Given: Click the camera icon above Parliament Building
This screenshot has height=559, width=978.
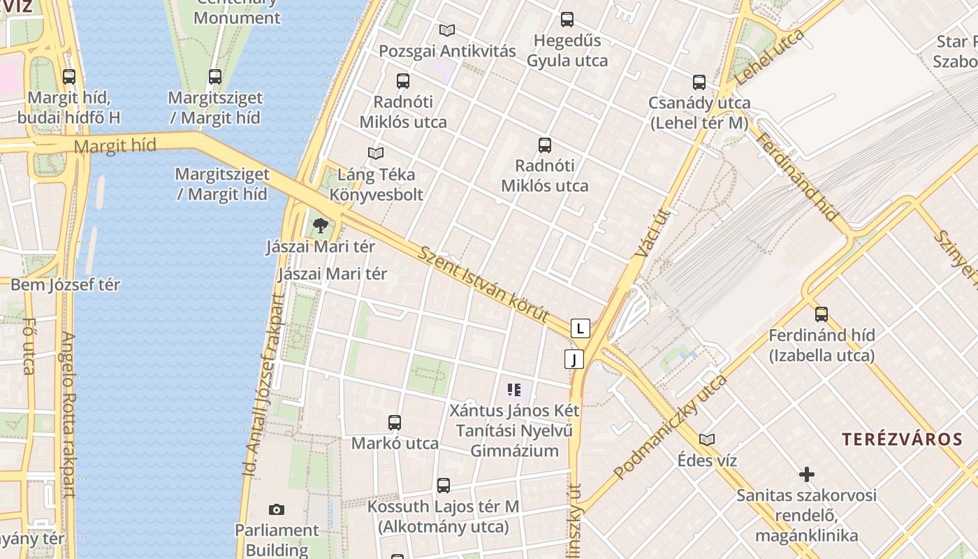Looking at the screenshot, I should pyautogui.click(x=277, y=509).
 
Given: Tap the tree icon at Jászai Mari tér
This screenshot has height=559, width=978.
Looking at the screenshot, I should pyautogui.click(x=321, y=226).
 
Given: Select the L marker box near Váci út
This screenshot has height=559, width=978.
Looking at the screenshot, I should pyautogui.click(x=580, y=328).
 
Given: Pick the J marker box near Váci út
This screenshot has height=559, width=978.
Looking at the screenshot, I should pyautogui.click(x=574, y=359).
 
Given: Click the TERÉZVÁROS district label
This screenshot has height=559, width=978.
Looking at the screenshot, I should pyautogui.click(x=902, y=440).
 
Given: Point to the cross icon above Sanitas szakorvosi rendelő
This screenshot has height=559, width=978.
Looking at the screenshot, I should pyautogui.click(x=807, y=474).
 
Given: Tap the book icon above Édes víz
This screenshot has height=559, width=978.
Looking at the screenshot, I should pyautogui.click(x=707, y=440).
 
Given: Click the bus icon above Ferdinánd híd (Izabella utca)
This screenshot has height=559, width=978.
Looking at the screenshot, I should pyautogui.click(x=822, y=314).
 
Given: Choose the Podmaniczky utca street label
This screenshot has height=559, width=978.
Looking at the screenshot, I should pyautogui.click(x=670, y=428).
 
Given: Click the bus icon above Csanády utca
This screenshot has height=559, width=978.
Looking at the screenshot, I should pyautogui.click(x=699, y=82).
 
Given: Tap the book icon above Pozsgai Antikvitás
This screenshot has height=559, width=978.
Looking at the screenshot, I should pyautogui.click(x=447, y=30).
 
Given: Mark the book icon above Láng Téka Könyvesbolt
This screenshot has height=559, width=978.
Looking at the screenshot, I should pyautogui.click(x=376, y=153).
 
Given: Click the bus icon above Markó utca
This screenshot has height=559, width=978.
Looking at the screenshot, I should pyautogui.click(x=395, y=422).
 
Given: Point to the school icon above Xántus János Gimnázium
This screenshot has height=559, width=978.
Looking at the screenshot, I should pyautogui.click(x=516, y=390).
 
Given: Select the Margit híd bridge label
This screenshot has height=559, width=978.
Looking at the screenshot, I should pyautogui.click(x=115, y=146).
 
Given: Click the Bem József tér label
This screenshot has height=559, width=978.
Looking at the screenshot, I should pyautogui.click(x=65, y=285).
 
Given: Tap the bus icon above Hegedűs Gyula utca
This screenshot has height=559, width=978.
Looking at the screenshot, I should pyautogui.click(x=567, y=20).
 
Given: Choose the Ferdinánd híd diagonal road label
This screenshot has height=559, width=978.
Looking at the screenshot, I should pyautogui.click(x=796, y=177).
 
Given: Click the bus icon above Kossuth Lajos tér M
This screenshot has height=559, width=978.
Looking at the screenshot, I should pyautogui.click(x=444, y=486).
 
